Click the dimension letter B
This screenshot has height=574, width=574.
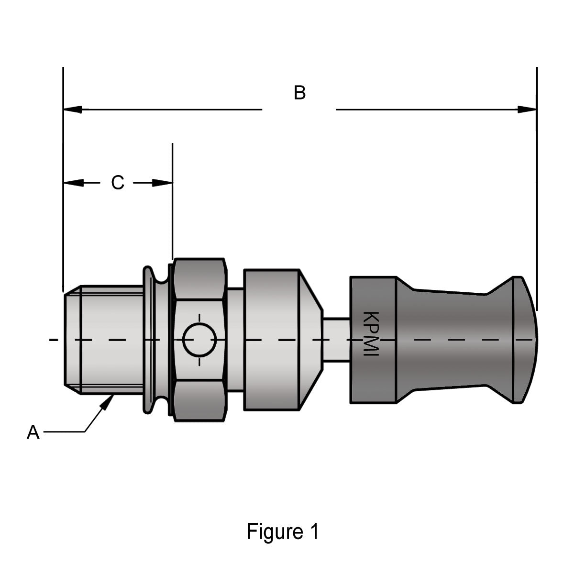tap(299, 92)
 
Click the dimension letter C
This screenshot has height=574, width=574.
tap(118, 183)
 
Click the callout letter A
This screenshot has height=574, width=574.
tap(33, 432)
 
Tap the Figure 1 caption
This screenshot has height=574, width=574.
tap(282, 531)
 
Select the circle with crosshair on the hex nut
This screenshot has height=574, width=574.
tap(199, 340)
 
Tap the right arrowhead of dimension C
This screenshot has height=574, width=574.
tap(162, 183)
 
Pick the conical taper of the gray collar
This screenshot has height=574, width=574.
tap(312, 340)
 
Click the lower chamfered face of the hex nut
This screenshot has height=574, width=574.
tap(199, 400)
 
